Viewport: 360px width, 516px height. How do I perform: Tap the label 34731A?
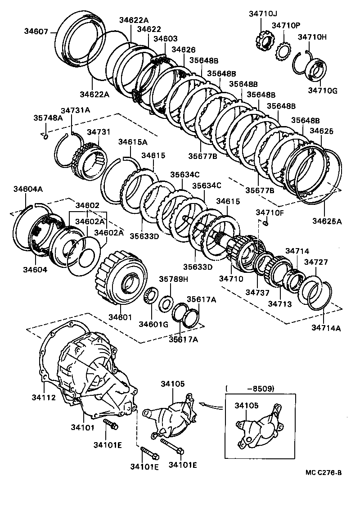click(76, 110)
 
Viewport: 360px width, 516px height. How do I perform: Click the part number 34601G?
click(153, 324)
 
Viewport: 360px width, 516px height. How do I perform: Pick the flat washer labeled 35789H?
click(166, 303)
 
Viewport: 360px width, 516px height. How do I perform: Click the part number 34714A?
click(326, 328)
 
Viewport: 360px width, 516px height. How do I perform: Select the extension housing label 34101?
click(82, 426)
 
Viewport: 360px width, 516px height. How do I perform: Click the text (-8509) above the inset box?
click(250, 388)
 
